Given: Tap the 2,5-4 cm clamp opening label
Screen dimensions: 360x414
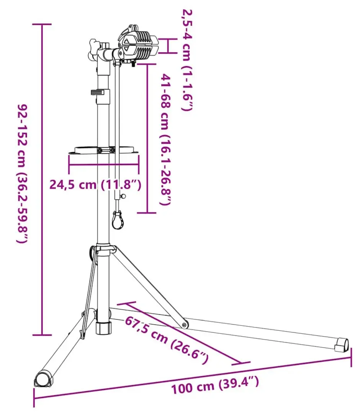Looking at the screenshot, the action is point(188,60).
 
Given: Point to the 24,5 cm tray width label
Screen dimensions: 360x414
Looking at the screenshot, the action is point(95,184).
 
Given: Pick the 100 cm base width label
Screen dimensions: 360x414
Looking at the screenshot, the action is point(215,385).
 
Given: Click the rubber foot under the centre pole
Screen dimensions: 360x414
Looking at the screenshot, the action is point(103,328).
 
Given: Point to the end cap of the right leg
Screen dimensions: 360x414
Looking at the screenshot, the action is point(342,345).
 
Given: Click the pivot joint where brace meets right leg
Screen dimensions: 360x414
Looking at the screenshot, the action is point(185,325).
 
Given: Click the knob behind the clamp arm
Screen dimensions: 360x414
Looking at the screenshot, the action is point(93,50).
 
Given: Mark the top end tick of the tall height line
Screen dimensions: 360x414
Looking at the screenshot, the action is point(42,24).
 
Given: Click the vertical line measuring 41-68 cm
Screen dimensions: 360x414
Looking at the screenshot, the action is point(147,138).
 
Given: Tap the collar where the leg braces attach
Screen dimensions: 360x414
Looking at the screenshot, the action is point(103,249).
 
